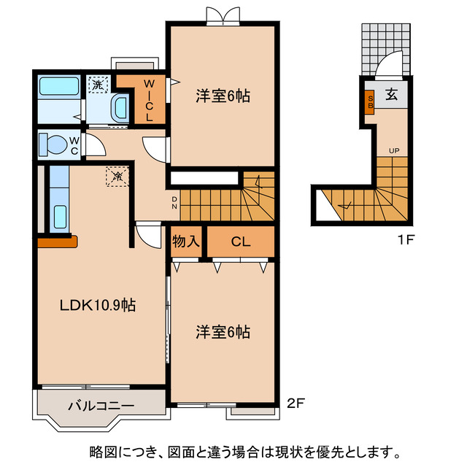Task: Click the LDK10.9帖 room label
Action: click(96, 306)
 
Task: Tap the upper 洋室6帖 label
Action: click(223, 96)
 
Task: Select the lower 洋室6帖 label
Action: click(223, 332)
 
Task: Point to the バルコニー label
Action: click(101, 406)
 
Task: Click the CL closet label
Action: click(241, 242)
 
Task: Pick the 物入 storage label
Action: click(186, 242)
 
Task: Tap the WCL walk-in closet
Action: click(148, 100)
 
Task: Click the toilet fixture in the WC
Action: click(53, 143)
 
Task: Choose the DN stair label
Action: click(174, 201)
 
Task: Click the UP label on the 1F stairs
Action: click(394, 151)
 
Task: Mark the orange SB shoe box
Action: click(371, 103)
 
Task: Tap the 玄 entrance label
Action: click(392, 94)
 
